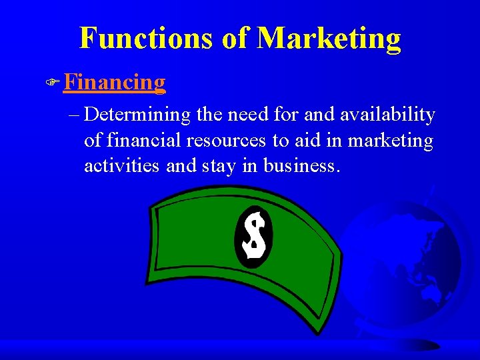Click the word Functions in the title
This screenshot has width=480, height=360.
coord(145,38)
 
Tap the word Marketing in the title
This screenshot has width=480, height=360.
coord(329,38)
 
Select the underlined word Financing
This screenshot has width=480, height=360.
coord(115,82)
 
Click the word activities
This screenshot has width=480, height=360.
coord(122,166)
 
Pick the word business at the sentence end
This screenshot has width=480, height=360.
coord(302,166)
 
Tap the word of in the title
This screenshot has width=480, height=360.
coord(235,38)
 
